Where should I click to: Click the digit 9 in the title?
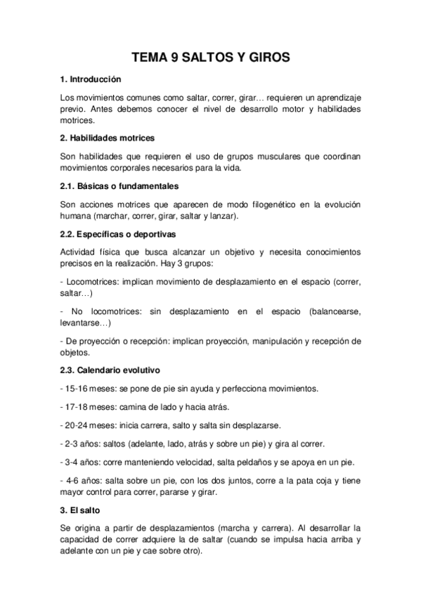click(x=174, y=59)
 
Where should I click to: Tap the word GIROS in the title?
click(x=264, y=59)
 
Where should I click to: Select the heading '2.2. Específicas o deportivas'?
click(x=118, y=234)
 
